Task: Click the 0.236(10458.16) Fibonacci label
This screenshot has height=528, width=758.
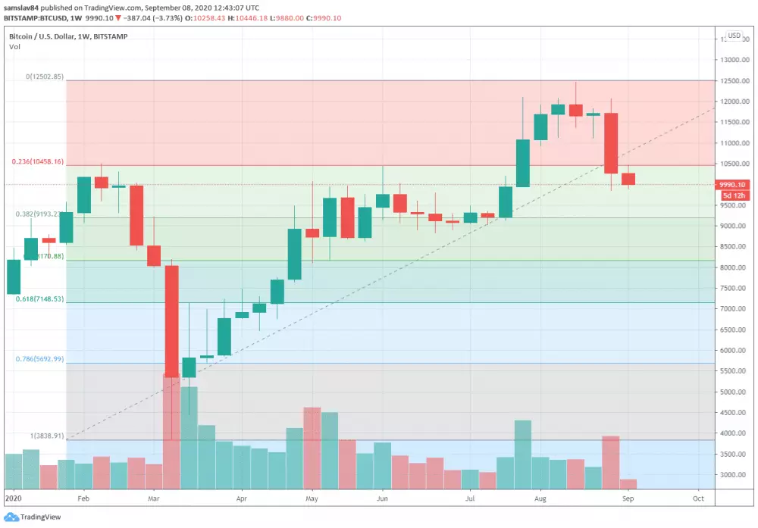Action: coord(37,162)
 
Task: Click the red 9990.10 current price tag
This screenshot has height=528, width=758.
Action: coord(733,184)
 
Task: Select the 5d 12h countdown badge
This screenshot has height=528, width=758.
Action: coord(733,195)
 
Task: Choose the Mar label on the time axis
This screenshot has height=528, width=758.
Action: coord(154,500)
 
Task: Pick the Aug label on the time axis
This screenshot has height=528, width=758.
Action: coord(540,500)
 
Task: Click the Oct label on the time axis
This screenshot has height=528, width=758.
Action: coord(699,500)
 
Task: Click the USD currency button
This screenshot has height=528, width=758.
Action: coord(734,36)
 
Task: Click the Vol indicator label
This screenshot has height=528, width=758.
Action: coord(14,47)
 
